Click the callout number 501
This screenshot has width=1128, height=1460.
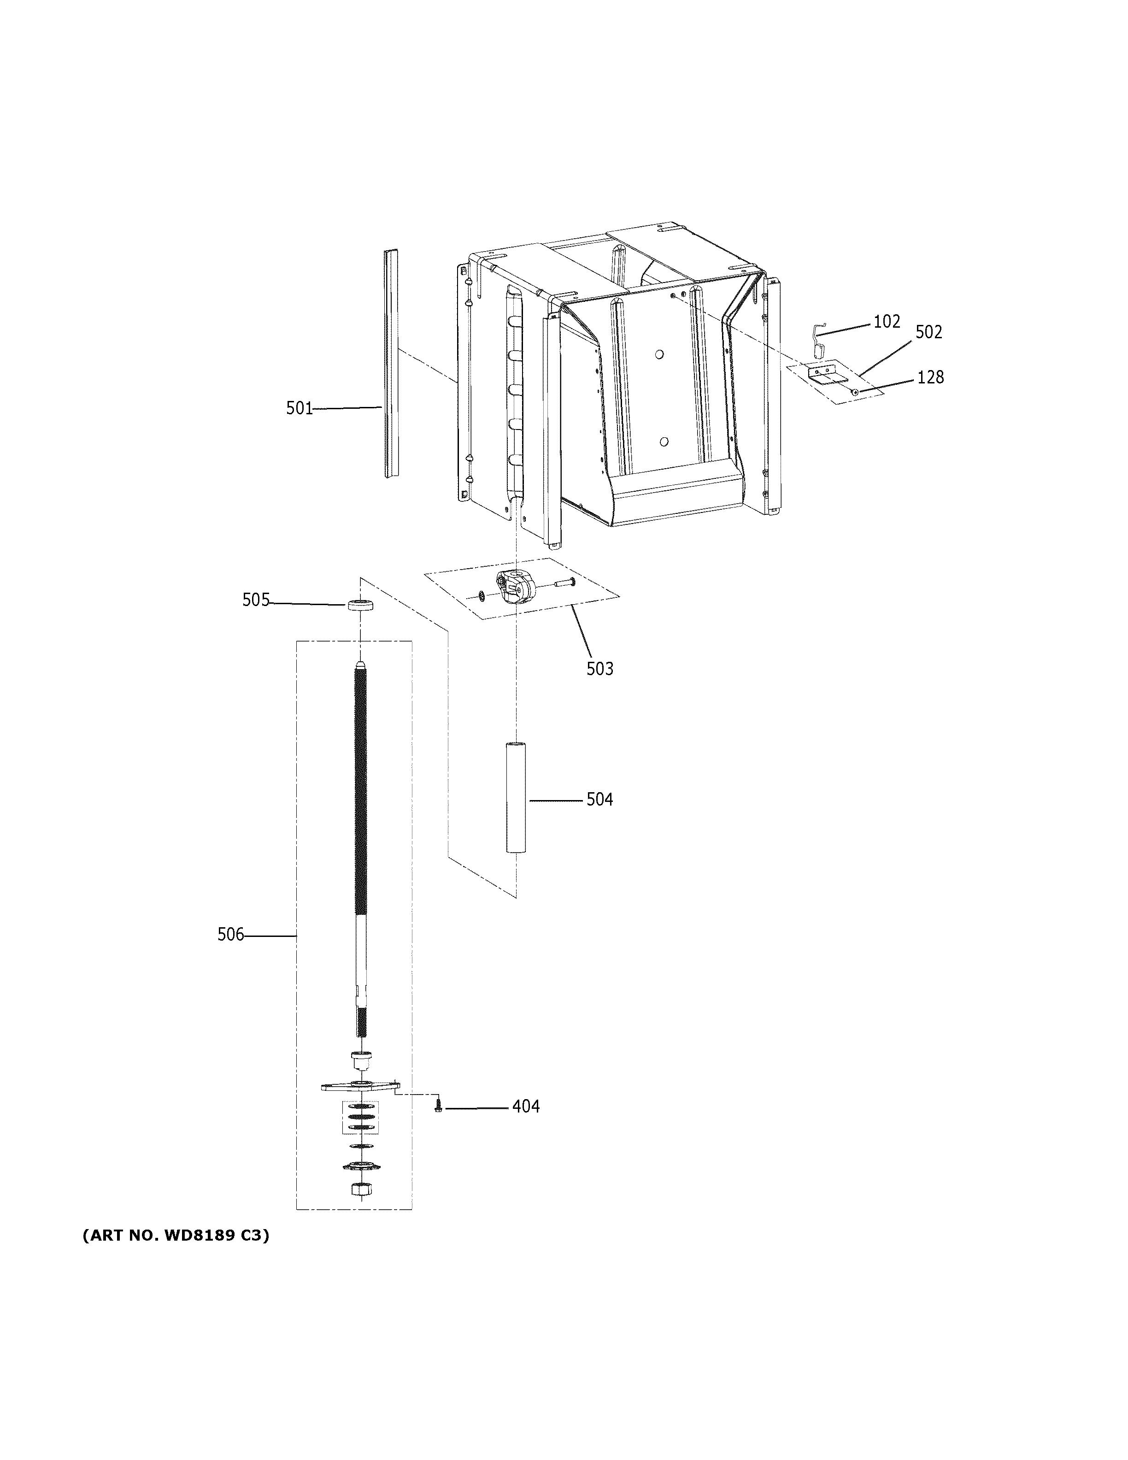pos(300,408)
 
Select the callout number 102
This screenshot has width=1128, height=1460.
pos(887,322)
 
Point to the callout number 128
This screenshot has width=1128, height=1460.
pos(930,378)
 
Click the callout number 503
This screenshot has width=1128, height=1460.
pos(599,669)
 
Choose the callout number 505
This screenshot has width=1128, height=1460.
pos(255,600)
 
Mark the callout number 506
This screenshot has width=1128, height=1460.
pos(230,935)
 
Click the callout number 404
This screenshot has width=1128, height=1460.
pos(526,1107)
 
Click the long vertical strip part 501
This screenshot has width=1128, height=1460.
pos(391,365)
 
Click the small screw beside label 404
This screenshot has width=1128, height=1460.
pos(438,1107)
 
